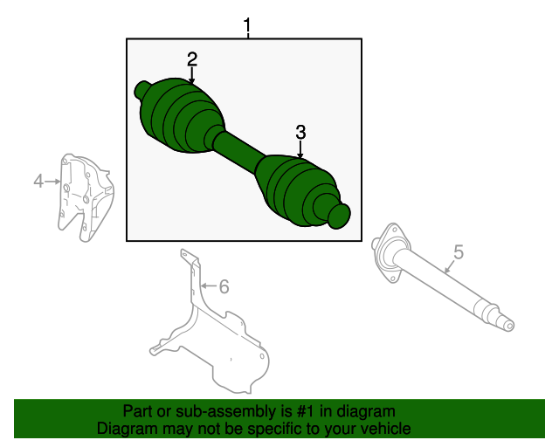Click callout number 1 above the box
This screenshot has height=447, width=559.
point(247,26)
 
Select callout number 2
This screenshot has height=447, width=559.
point(192,59)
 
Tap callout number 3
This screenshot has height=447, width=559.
point(300,133)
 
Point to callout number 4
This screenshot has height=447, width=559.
point(38,181)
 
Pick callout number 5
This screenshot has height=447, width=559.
point(458,252)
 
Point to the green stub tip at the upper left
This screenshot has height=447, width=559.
point(142,88)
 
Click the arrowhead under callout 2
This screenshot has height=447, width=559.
point(192,81)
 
